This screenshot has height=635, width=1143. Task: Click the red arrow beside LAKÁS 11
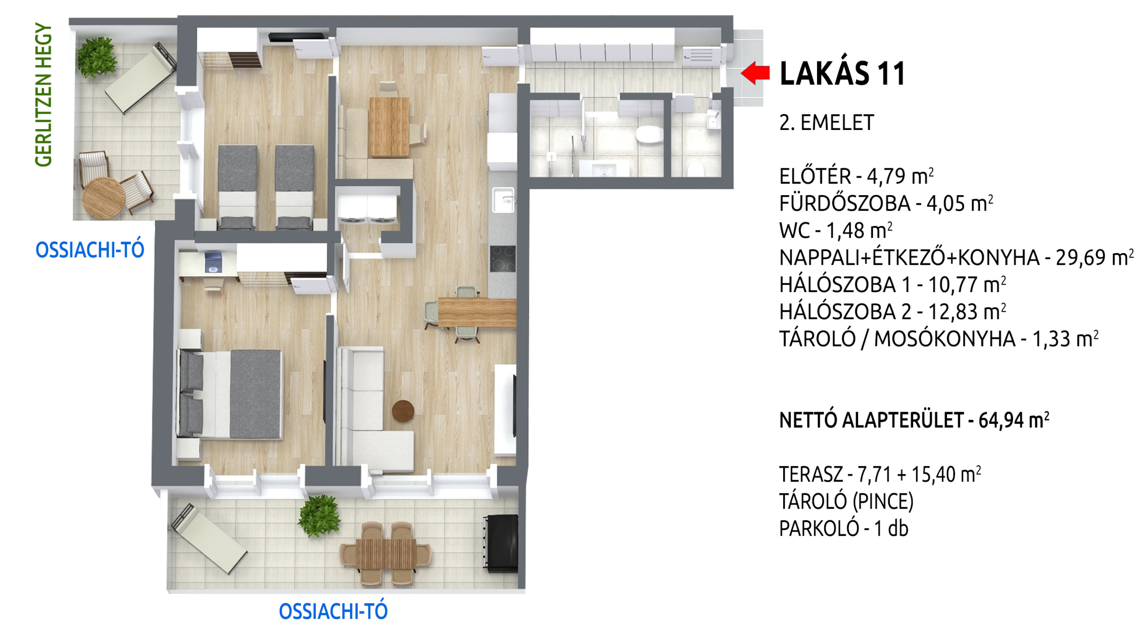[x=755, y=73]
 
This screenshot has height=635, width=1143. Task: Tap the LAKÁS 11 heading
[x=842, y=74]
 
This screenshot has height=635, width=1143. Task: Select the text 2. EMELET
[x=826, y=123]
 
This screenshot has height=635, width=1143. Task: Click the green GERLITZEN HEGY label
[x=44, y=95]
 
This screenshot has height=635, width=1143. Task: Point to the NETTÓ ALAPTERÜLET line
[x=914, y=420]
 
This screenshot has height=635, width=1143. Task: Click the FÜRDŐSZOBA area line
[x=886, y=203]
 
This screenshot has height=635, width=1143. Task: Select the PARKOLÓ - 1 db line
[x=843, y=528]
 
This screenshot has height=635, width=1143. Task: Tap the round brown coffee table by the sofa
[x=403, y=411]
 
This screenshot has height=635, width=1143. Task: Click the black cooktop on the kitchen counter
[x=503, y=259]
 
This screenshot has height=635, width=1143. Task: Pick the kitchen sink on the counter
[x=503, y=200]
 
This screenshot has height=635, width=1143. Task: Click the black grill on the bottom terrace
[x=501, y=543]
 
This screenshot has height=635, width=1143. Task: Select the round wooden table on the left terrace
[x=104, y=198]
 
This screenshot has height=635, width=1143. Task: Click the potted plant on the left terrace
[x=97, y=57]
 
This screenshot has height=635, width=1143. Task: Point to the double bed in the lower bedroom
[x=230, y=394]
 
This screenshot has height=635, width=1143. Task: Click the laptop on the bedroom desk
[x=213, y=262]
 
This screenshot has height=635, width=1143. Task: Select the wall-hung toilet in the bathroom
[x=650, y=134]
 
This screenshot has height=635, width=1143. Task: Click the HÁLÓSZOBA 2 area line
[x=893, y=312]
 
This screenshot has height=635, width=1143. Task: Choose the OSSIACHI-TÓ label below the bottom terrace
[x=333, y=611]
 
